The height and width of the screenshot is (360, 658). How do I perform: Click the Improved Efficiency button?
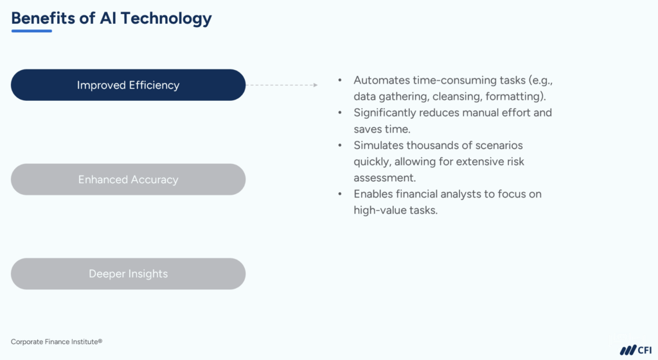128,85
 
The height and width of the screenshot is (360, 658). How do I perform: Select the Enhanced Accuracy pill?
128,179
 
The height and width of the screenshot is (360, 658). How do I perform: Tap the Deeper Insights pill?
128,274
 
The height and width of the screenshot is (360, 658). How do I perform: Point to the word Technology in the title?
166,18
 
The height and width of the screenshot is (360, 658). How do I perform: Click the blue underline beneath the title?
31,31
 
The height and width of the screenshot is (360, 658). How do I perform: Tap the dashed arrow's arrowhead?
315,85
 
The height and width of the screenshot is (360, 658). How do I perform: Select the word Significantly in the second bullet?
385,113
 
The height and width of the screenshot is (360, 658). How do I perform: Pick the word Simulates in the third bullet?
378,145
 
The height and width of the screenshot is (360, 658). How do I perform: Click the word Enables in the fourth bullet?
373,194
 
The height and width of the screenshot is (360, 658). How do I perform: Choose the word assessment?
384,177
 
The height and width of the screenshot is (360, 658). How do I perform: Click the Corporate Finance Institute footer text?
57,342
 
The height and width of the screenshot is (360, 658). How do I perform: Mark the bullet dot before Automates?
340,80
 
